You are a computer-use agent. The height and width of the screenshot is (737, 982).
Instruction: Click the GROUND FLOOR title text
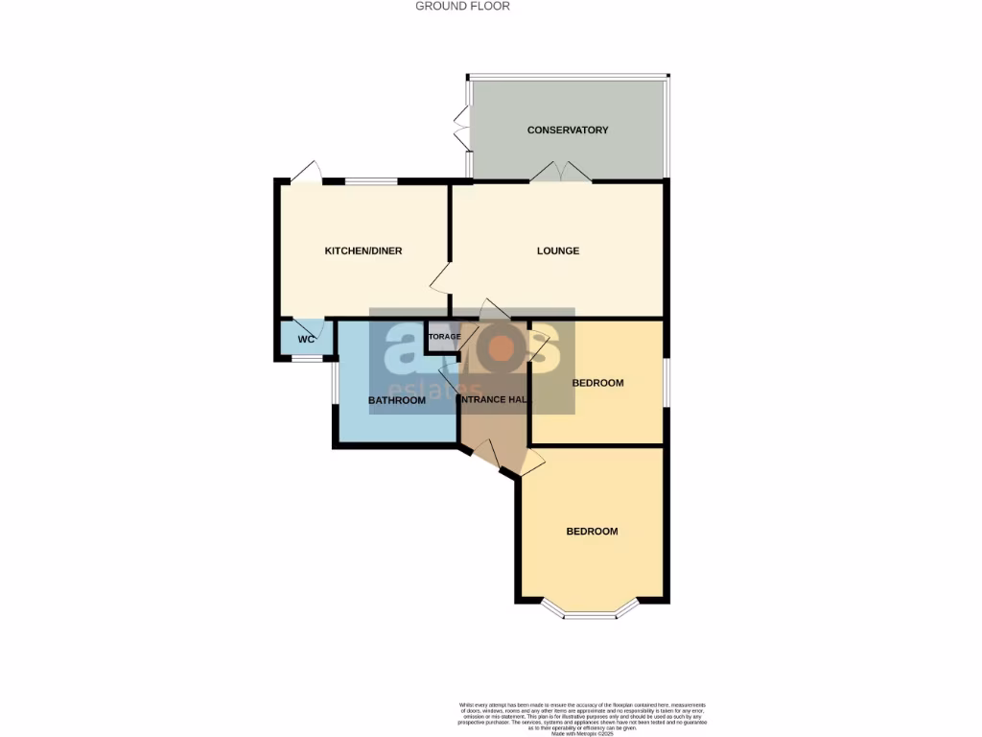pyautogui.click(x=462, y=6)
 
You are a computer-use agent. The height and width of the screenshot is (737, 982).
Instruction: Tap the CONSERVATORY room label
pyautogui.click(x=568, y=130)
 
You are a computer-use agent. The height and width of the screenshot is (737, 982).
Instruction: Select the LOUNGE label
pyautogui.click(x=557, y=251)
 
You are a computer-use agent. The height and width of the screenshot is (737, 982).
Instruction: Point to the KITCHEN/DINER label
pyautogui.click(x=363, y=251)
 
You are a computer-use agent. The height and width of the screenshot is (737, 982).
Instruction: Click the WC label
pyautogui.click(x=306, y=340)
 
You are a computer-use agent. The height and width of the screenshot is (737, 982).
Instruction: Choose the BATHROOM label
pyautogui.click(x=397, y=400)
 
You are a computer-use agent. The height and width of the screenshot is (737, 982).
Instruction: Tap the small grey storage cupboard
pyautogui.click(x=443, y=337)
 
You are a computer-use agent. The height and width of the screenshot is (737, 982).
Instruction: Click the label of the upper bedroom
pyautogui.click(x=597, y=383)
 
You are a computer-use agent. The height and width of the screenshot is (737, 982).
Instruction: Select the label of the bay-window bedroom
pyautogui.click(x=592, y=532)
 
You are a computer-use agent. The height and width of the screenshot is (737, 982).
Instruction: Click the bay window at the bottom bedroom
pyautogui.click(x=590, y=611)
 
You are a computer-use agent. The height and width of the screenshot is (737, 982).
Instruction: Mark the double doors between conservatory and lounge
pyautogui.click(x=561, y=172)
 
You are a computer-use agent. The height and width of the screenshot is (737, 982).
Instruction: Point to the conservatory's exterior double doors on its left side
pyautogui.click(x=461, y=130)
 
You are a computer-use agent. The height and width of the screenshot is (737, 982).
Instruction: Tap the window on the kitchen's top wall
pyautogui.click(x=371, y=180)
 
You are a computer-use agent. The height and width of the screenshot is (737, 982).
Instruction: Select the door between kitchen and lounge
pyautogui.click(x=440, y=279)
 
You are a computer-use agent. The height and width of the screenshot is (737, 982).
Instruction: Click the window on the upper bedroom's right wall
pyautogui.click(x=666, y=382)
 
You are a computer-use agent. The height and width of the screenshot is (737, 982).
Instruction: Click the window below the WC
pyautogui.click(x=306, y=359)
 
